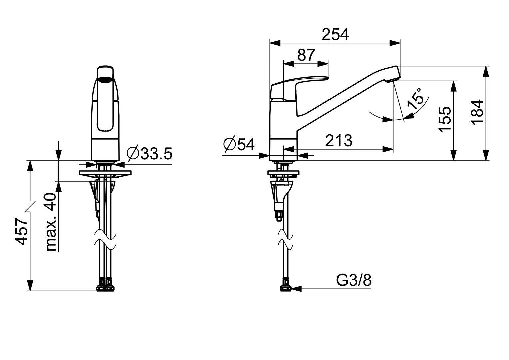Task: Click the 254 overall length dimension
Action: (x=335, y=35)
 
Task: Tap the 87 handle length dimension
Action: (x=306, y=55)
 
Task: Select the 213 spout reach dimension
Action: (x=339, y=141)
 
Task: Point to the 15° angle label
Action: (x=415, y=99)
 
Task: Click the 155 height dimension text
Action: (x=445, y=119)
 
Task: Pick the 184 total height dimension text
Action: (x=477, y=112)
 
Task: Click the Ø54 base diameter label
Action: (x=239, y=144)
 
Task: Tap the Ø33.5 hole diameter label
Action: (x=149, y=153)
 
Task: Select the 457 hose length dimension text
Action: (x=22, y=231)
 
